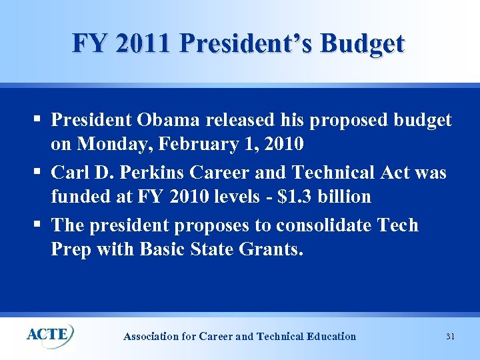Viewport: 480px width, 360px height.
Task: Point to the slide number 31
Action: [450, 337]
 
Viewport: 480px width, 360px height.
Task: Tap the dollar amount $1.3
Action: [299, 197]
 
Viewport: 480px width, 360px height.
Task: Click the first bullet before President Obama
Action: [37, 120]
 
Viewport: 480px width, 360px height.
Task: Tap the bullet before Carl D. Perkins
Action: [37, 173]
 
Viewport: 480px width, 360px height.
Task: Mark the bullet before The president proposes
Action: [37, 225]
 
